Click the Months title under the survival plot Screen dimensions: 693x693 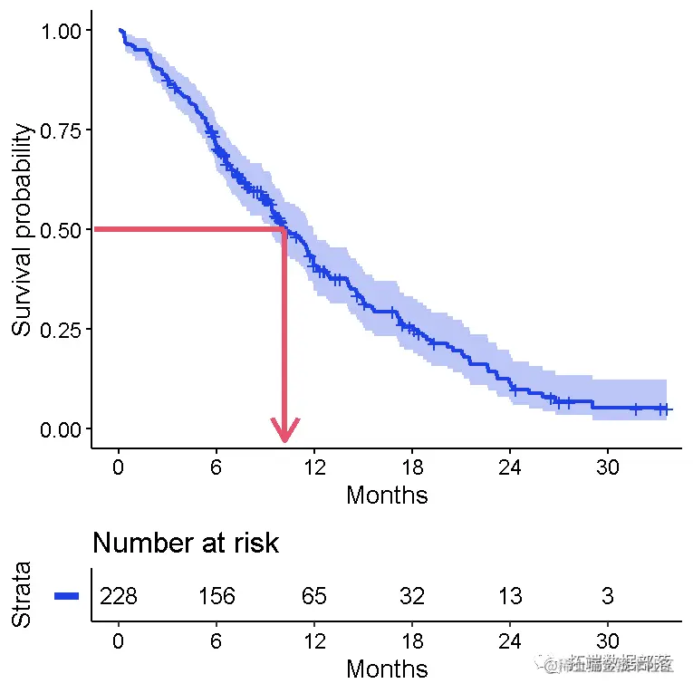(387, 495)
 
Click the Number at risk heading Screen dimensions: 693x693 (186, 543)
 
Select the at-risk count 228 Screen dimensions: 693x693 (119, 596)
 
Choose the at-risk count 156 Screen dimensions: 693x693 (217, 596)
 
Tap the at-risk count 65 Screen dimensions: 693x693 (314, 596)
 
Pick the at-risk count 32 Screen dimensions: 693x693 (412, 596)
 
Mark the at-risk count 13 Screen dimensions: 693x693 (509, 596)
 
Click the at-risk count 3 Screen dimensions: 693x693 (607, 596)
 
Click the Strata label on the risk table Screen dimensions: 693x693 (23, 595)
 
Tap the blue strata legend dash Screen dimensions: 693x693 (67, 595)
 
